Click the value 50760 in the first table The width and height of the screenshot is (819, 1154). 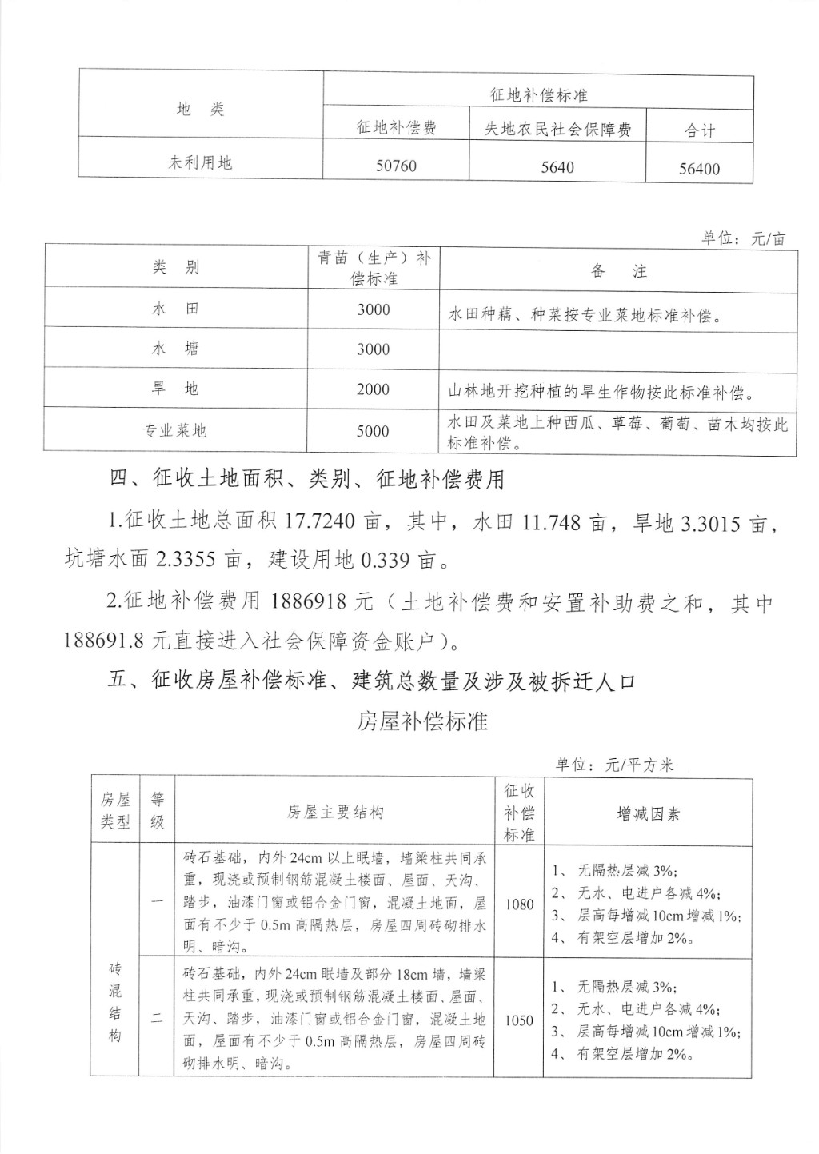[396, 166]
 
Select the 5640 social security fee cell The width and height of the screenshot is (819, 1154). [557, 167]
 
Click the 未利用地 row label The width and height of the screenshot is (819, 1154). [200, 162]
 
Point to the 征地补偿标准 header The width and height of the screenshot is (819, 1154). [538, 94]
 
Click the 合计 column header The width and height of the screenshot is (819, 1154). [699, 130]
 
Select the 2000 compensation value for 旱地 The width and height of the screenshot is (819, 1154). [373, 389]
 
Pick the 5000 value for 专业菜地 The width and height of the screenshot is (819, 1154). [373, 431]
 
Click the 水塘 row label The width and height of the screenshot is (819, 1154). [175, 349]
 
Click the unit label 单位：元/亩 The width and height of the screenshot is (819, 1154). [744, 238]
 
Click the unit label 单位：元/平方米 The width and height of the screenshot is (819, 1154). [614, 765]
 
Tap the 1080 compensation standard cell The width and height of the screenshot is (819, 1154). [519, 904]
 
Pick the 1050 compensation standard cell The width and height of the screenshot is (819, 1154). [519, 1020]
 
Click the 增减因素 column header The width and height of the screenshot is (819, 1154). [648, 814]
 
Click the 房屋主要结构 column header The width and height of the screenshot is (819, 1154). [335, 813]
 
